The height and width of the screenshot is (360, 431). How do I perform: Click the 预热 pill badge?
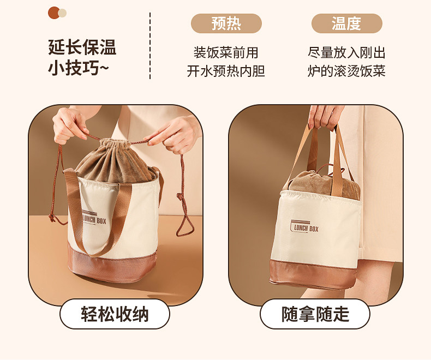226,23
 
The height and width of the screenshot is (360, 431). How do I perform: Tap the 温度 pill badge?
346,23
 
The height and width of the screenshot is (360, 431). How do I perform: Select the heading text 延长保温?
82,47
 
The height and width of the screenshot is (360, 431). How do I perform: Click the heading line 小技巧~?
79,68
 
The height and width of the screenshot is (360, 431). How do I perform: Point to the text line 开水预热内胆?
226,71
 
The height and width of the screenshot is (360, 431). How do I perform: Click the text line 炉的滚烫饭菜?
346,71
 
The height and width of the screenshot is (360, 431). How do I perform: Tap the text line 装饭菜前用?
226,52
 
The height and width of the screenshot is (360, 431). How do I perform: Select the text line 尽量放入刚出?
346,52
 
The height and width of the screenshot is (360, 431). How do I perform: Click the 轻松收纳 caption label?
115,314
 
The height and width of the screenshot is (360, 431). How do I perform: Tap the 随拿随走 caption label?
315,314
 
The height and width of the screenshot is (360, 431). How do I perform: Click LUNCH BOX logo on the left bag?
93,218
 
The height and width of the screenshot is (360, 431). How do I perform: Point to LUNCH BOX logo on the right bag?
304,227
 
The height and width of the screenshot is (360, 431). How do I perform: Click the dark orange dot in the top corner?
53,13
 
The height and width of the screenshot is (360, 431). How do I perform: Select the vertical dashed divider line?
150,46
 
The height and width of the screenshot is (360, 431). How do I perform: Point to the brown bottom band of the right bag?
313,274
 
